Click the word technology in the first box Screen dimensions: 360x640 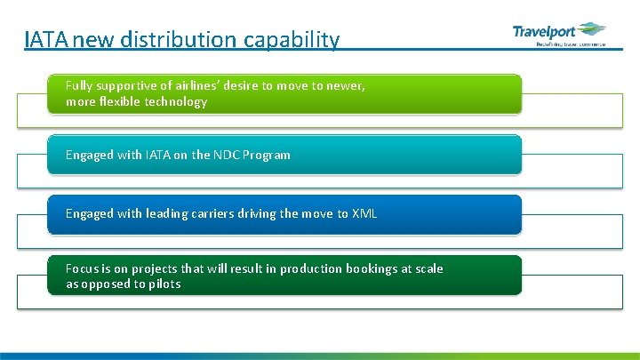point(178,102)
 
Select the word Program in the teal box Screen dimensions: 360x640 point(267,156)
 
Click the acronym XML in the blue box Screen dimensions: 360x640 point(364,214)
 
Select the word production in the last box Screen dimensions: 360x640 point(309,268)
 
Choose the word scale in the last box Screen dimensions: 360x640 point(428,268)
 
